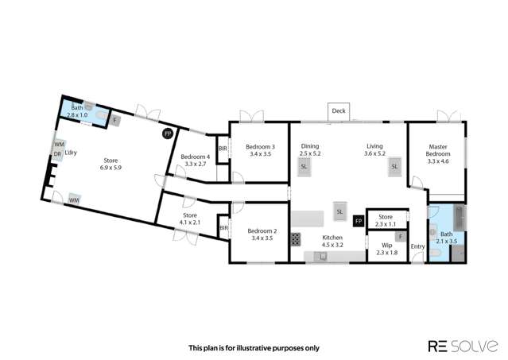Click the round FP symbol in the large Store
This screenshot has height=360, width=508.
pos(168,134)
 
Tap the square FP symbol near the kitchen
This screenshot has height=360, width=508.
pos(359,221)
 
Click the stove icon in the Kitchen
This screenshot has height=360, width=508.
pos(296,239)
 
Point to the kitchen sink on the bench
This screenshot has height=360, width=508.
pos(323,257)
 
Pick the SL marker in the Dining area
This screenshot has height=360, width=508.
pos(304,167)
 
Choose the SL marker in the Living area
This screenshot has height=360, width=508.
pos(394,167)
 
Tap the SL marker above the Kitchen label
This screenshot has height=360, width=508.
pos(339,211)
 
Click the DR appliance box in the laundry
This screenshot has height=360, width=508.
pos(57,154)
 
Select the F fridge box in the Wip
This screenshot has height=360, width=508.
pos(401,237)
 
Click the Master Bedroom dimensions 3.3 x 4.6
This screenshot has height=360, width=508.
pos(438,161)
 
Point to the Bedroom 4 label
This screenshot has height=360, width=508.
pos(196,157)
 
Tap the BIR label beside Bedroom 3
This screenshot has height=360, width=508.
pos(223,149)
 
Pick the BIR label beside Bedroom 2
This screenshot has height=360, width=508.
pos(224,228)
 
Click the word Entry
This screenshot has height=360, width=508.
pos(417,246)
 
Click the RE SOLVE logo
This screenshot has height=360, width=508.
pos(463,346)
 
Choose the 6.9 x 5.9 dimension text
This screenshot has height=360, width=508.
pos(111,168)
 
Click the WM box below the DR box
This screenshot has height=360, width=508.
pos(74,200)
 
